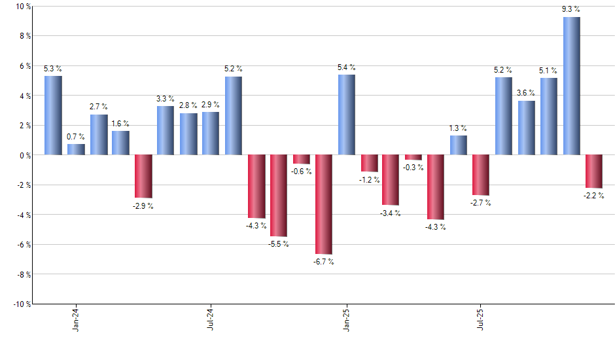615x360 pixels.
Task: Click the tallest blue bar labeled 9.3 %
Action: pos(571,86)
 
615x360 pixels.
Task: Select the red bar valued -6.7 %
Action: pos(324,204)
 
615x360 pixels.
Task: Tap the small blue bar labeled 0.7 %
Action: pos(76,149)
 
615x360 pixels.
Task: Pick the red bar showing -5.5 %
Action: pos(279,195)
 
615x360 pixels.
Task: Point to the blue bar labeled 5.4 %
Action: pos(347,115)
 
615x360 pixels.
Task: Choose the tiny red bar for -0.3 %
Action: pos(413,157)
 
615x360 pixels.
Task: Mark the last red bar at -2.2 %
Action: pos(594,171)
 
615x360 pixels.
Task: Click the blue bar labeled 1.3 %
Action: pos(459,145)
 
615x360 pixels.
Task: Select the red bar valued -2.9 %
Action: pos(143,176)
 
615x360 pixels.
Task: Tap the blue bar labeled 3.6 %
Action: pos(526,128)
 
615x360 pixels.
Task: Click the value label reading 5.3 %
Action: pos(53,68)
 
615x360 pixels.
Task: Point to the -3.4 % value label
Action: pos(391,213)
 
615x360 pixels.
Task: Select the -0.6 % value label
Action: pos(302,171)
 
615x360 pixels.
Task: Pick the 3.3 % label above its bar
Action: pos(166,98)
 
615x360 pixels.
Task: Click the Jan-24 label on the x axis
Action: pos(76,319)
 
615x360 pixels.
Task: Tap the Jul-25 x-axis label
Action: pos(480,319)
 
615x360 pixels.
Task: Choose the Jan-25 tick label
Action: pos(346,319)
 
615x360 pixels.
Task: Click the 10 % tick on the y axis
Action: pos(23,7)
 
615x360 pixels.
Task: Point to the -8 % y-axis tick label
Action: pos(23,274)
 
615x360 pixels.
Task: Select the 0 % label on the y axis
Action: pos(25,155)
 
